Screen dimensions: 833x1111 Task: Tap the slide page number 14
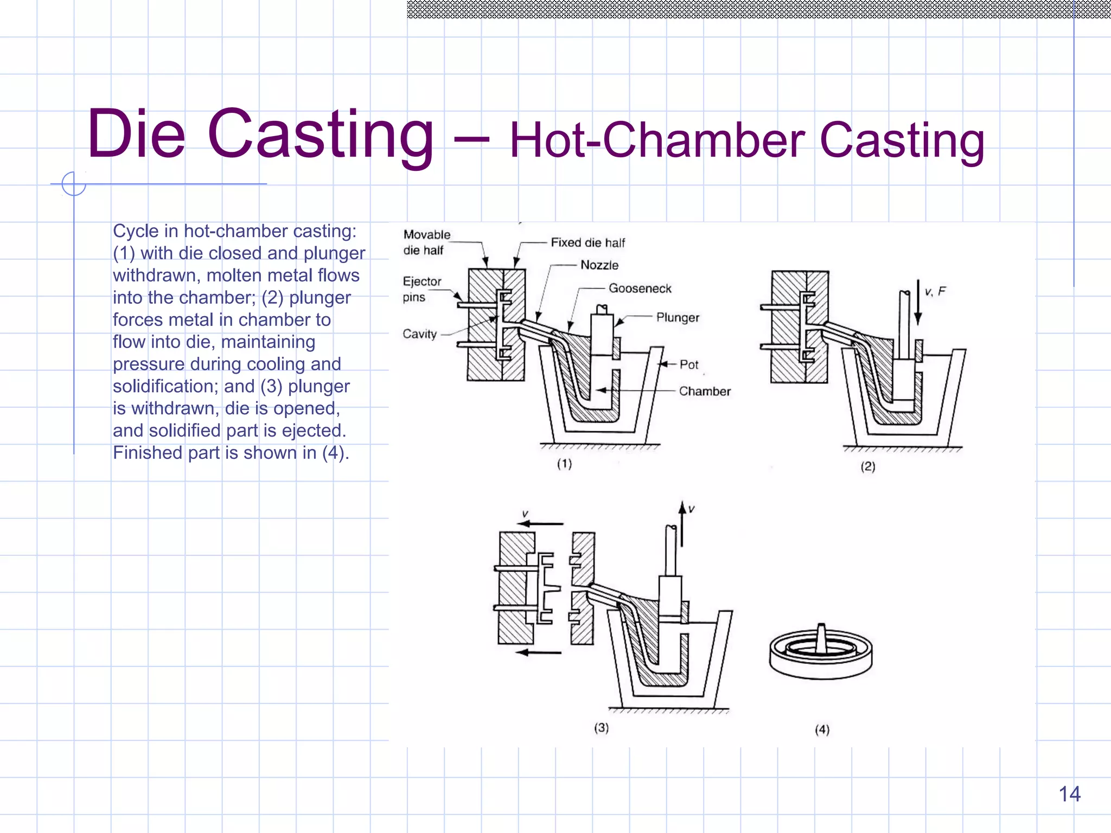coord(1069,794)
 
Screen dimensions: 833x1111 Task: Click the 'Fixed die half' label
coord(588,242)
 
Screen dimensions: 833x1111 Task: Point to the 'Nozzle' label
coord(599,265)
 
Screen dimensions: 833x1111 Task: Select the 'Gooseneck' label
coord(640,289)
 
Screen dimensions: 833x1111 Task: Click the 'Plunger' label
coord(678,317)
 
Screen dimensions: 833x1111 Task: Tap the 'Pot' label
coord(689,364)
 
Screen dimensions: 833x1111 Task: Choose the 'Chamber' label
coord(705,391)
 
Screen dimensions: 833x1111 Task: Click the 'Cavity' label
coord(419,334)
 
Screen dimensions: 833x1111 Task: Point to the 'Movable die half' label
coord(426,242)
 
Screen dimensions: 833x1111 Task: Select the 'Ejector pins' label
coord(422,289)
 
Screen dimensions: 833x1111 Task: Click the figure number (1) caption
coord(564,464)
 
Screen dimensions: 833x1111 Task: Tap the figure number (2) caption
coord(868,466)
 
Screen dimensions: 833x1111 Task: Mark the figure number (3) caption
coord(601,728)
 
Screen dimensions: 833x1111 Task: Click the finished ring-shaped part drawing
coord(821,652)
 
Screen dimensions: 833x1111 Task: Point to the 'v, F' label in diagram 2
coord(935,292)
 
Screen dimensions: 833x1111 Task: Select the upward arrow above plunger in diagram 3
coord(682,523)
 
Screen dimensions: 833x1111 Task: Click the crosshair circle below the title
coord(74,184)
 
